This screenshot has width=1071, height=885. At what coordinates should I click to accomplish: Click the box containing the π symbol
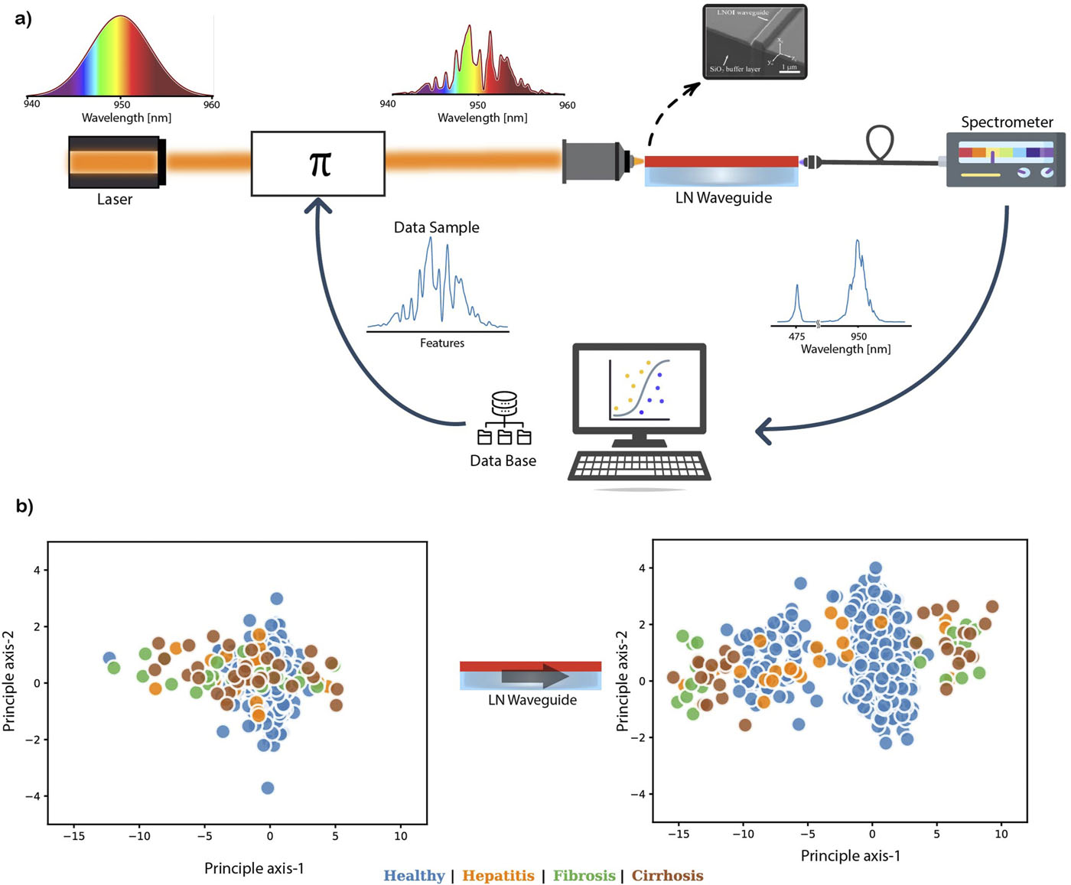pos(317,164)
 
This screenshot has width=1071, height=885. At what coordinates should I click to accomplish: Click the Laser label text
pos(115,200)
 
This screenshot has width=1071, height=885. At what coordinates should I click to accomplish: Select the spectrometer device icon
pos(1005,160)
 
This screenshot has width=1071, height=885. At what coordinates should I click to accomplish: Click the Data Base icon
pos(504,418)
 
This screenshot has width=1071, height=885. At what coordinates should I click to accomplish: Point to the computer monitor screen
pos(639,390)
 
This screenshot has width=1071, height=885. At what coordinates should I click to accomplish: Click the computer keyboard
pos(639,466)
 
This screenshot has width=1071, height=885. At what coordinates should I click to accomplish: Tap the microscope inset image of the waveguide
pos(754,42)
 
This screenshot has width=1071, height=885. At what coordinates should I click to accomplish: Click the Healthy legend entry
pos(414,876)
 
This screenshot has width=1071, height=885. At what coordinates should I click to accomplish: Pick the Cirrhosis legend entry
pos(667,876)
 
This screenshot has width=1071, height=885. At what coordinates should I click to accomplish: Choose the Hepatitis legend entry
pos(498,876)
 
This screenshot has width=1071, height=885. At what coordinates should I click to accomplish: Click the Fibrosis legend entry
pos(584,876)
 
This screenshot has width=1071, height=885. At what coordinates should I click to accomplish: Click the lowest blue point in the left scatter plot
pos(267,788)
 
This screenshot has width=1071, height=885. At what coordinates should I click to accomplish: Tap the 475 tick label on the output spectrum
pos(796,337)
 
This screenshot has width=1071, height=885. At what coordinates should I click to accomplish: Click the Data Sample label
pos(436,227)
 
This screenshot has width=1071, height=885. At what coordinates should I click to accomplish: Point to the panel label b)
pos(24,506)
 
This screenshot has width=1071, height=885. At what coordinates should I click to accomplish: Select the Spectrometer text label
pos(1007,122)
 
